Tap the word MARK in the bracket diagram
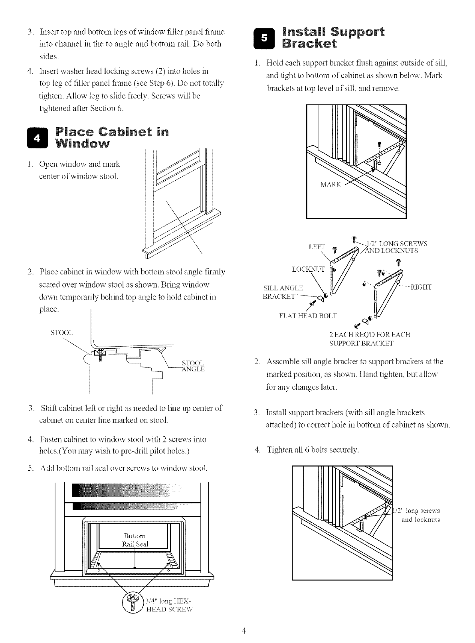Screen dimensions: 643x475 click(331, 185)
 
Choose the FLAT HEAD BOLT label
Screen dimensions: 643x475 click(308, 316)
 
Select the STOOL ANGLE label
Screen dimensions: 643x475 click(193, 366)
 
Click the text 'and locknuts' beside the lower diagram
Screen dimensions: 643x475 click(420, 520)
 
